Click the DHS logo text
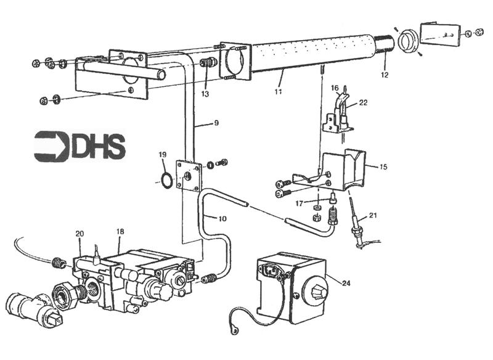tap(99, 147)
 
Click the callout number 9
tap(216, 123)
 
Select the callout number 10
tap(222, 218)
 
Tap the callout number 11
tap(278, 91)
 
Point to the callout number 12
tap(385, 75)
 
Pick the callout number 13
tap(205, 94)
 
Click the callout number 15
tap(383, 166)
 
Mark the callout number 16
tap(334, 88)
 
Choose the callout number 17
tap(299, 204)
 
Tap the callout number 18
tap(120, 232)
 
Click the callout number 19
tap(163, 155)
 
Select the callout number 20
tap(79, 234)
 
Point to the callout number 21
tap(373, 215)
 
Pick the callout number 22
tap(363, 102)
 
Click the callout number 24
tap(346, 284)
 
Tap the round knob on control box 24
tap(315, 292)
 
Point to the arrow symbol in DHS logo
tap(51, 147)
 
